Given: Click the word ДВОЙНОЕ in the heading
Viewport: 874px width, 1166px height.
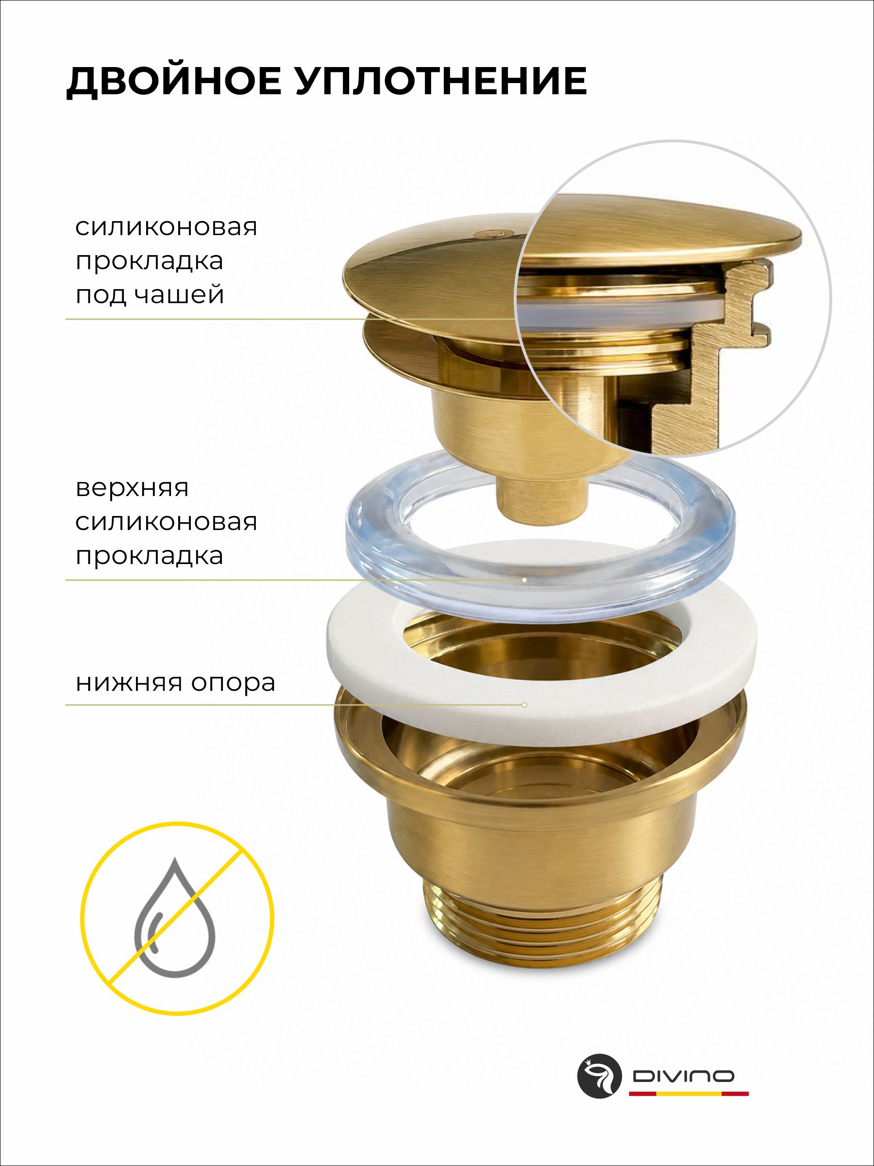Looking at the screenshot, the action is pyautogui.click(x=174, y=82).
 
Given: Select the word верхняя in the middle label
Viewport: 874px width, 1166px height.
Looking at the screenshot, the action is pyautogui.click(x=132, y=488).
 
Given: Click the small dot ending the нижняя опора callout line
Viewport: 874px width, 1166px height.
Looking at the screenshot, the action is pyautogui.click(x=524, y=705).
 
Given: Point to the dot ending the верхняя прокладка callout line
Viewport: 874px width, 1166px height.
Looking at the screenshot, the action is pyautogui.click(x=524, y=580).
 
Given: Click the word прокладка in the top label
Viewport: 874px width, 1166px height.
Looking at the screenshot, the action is pyautogui.click(x=149, y=261).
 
